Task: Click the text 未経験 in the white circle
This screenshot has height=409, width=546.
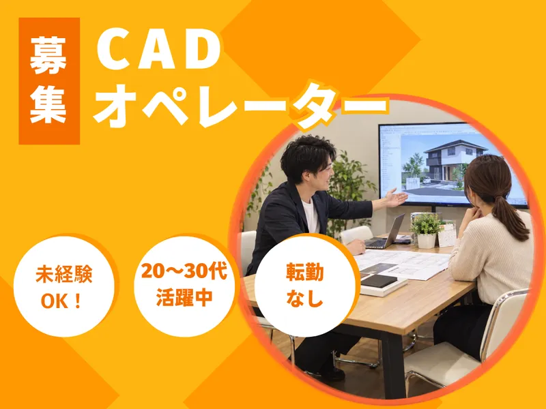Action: [x=64, y=275]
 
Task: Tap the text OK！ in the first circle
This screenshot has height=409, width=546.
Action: [x=62, y=301]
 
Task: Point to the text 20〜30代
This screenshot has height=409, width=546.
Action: [x=184, y=271]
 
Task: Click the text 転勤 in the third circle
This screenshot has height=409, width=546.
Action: [x=305, y=272]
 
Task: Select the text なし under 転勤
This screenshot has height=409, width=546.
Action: [x=305, y=298]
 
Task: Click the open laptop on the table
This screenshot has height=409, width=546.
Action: [x=386, y=232]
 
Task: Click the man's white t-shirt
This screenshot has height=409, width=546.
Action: [x=311, y=216]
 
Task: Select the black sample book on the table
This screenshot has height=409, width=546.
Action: [x=379, y=280]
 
